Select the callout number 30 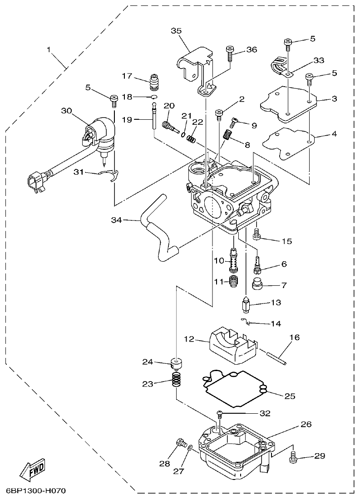(x=66, y=111)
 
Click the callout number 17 (x=126, y=75)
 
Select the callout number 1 (x=49, y=49)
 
